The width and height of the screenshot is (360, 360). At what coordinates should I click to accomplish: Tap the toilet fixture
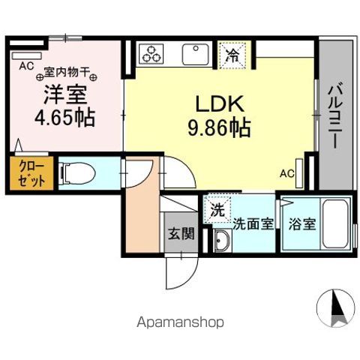[77, 175]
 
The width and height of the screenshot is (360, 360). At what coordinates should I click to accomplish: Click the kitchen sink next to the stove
[195, 54]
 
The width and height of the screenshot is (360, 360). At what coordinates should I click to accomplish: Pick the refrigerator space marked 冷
[233, 53]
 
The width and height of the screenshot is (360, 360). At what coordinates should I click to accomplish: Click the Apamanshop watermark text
[179, 322]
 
